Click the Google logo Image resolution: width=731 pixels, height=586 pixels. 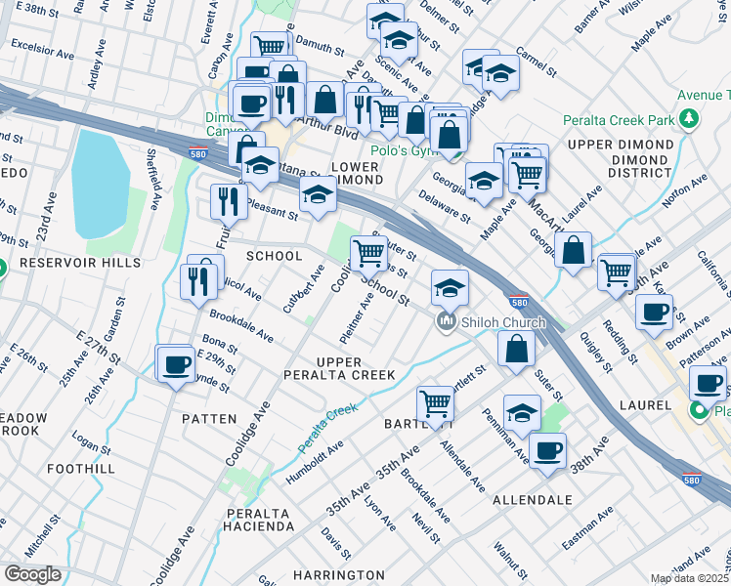(x=32, y=573)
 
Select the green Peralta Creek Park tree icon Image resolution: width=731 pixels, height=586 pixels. (x=690, y=120)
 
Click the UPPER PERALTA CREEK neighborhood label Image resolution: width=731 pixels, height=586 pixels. (x=341, y=368)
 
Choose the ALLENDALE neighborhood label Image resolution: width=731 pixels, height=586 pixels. (x=532, y=499)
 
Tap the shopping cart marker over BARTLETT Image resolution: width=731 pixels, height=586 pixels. (x=434, y=401)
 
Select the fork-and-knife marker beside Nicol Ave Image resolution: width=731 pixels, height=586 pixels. (x=199, y=281)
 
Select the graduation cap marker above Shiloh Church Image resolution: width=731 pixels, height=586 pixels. (x=449, y=287)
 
